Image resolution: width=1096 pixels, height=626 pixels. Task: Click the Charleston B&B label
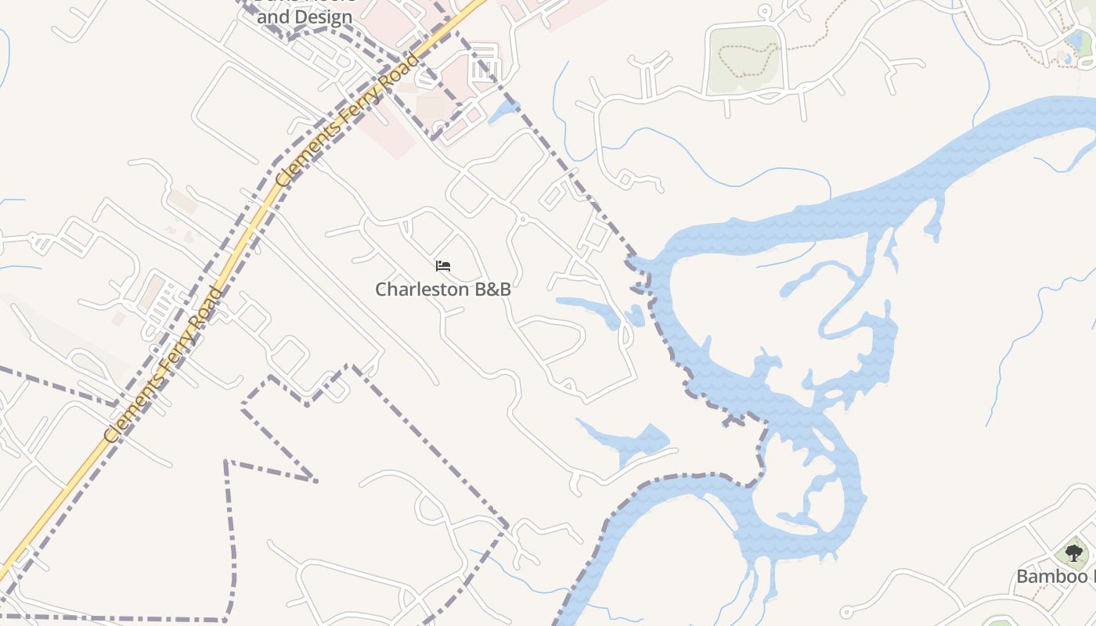(443, 290)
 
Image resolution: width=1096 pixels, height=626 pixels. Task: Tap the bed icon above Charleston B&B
(443, 267)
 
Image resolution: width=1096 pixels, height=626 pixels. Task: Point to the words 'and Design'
(305, 16)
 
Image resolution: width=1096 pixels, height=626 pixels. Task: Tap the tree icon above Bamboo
(1074, 554)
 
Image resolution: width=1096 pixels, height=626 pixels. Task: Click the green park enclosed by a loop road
(744, 59)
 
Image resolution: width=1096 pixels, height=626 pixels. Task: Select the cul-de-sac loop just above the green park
(765, 11)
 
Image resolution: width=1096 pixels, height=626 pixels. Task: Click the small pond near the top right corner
(1078, 41)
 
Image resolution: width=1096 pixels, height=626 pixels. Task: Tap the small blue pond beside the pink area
(502, 113)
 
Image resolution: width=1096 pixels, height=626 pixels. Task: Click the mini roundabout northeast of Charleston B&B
(522, 219)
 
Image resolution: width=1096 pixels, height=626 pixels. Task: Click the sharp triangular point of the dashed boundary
(315, 480)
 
